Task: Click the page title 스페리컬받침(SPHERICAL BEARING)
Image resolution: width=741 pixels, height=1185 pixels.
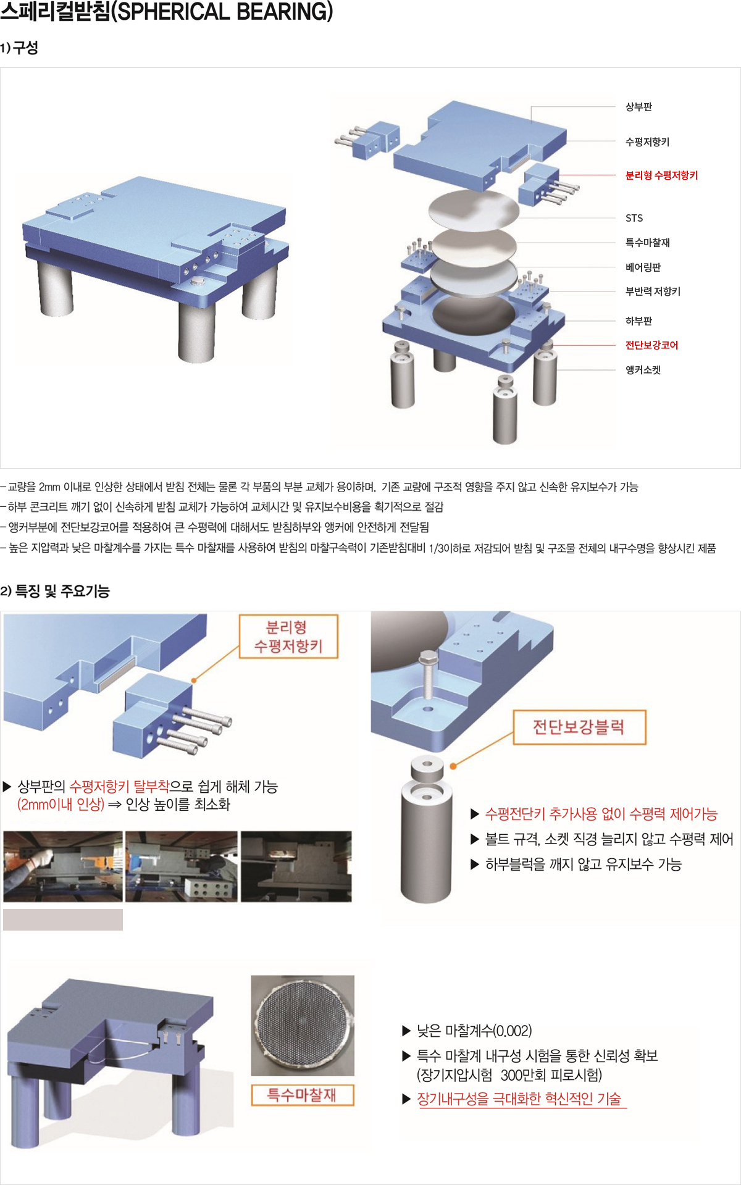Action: point(167,12)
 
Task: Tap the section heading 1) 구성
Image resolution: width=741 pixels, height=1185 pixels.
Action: point(19,48)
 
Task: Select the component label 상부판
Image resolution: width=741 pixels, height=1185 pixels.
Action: point(638,107)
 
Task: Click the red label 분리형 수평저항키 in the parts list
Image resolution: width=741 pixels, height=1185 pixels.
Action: point(661,175)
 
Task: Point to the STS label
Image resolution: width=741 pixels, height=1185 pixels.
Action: point(634,218)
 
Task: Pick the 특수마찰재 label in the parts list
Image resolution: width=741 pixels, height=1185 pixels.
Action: point(647,243)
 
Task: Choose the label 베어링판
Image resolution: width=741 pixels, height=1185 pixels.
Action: point(643,267)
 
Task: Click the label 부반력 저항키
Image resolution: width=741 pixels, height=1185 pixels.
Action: point(653,291)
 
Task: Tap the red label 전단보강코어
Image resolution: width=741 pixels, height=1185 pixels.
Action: point(651,345)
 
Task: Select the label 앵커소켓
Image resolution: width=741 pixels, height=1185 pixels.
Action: point(643,370)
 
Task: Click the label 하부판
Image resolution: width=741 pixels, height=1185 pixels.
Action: point(638,321)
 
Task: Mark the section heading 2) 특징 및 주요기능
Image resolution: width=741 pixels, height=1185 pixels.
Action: point(55,591)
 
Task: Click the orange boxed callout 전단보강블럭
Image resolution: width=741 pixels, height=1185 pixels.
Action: point(579,727)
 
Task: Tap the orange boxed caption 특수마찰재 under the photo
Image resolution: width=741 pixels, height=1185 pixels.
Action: point(302,1095)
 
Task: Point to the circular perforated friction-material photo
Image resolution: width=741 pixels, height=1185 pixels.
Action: point(303,1025)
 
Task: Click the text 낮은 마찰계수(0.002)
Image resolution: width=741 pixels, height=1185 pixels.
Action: point(474,1031)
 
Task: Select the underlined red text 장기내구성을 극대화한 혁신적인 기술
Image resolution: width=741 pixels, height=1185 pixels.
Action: point(521,1099)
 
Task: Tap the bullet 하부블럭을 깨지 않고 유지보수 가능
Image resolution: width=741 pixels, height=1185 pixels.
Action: point(582,865)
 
